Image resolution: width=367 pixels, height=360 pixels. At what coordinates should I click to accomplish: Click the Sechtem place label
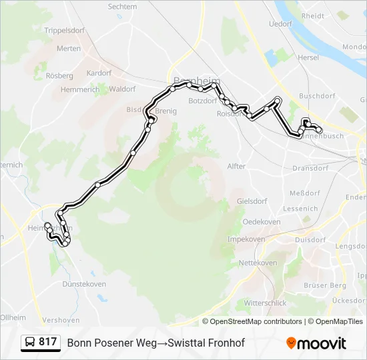coord(122,7)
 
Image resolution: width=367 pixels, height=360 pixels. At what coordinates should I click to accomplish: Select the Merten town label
coord(69,49)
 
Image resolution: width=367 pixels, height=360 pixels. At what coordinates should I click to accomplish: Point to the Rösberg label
coord(59,76)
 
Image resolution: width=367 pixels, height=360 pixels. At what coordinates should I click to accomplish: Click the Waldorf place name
coord(122,89)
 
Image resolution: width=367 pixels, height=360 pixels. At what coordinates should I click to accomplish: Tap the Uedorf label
coord(280,23)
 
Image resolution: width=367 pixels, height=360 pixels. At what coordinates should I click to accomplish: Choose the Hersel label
coord(309,58)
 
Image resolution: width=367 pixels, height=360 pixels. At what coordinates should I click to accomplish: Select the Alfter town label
coord(237,166)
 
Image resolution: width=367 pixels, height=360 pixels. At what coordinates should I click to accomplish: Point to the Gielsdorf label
coord(252,201)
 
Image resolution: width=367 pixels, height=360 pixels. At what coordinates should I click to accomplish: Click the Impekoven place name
coord(247,239)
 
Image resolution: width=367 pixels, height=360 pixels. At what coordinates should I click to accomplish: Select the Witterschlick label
coord(266,303)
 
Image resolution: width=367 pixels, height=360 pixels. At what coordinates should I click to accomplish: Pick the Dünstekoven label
coord(84,284)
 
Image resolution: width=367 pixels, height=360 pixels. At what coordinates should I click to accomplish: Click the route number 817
coord(47,342)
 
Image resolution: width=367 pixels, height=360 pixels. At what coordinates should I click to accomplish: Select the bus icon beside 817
coord(30,343)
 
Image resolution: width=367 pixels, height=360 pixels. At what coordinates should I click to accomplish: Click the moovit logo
coord(316,343)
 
